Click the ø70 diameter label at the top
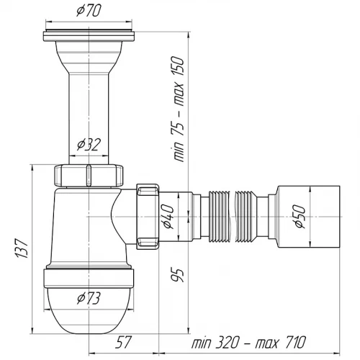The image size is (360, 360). point(89,11)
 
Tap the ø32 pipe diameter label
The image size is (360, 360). point(89,145)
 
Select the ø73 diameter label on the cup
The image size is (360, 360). point(89,299)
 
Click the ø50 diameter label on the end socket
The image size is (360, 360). point(300,217)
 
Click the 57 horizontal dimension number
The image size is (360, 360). point(123,342)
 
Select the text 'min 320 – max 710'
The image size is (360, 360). point(248,342)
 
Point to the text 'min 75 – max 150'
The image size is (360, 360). point(179,109)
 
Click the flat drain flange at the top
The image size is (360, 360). point(89,36)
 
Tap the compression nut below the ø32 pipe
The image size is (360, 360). point(89,175)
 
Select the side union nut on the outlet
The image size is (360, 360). point(148,217)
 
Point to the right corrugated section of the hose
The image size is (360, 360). point(247,216)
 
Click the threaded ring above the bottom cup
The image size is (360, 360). point(89,278)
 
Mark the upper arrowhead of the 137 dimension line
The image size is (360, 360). point(32,168)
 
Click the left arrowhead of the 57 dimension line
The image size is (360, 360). point(92,354)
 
